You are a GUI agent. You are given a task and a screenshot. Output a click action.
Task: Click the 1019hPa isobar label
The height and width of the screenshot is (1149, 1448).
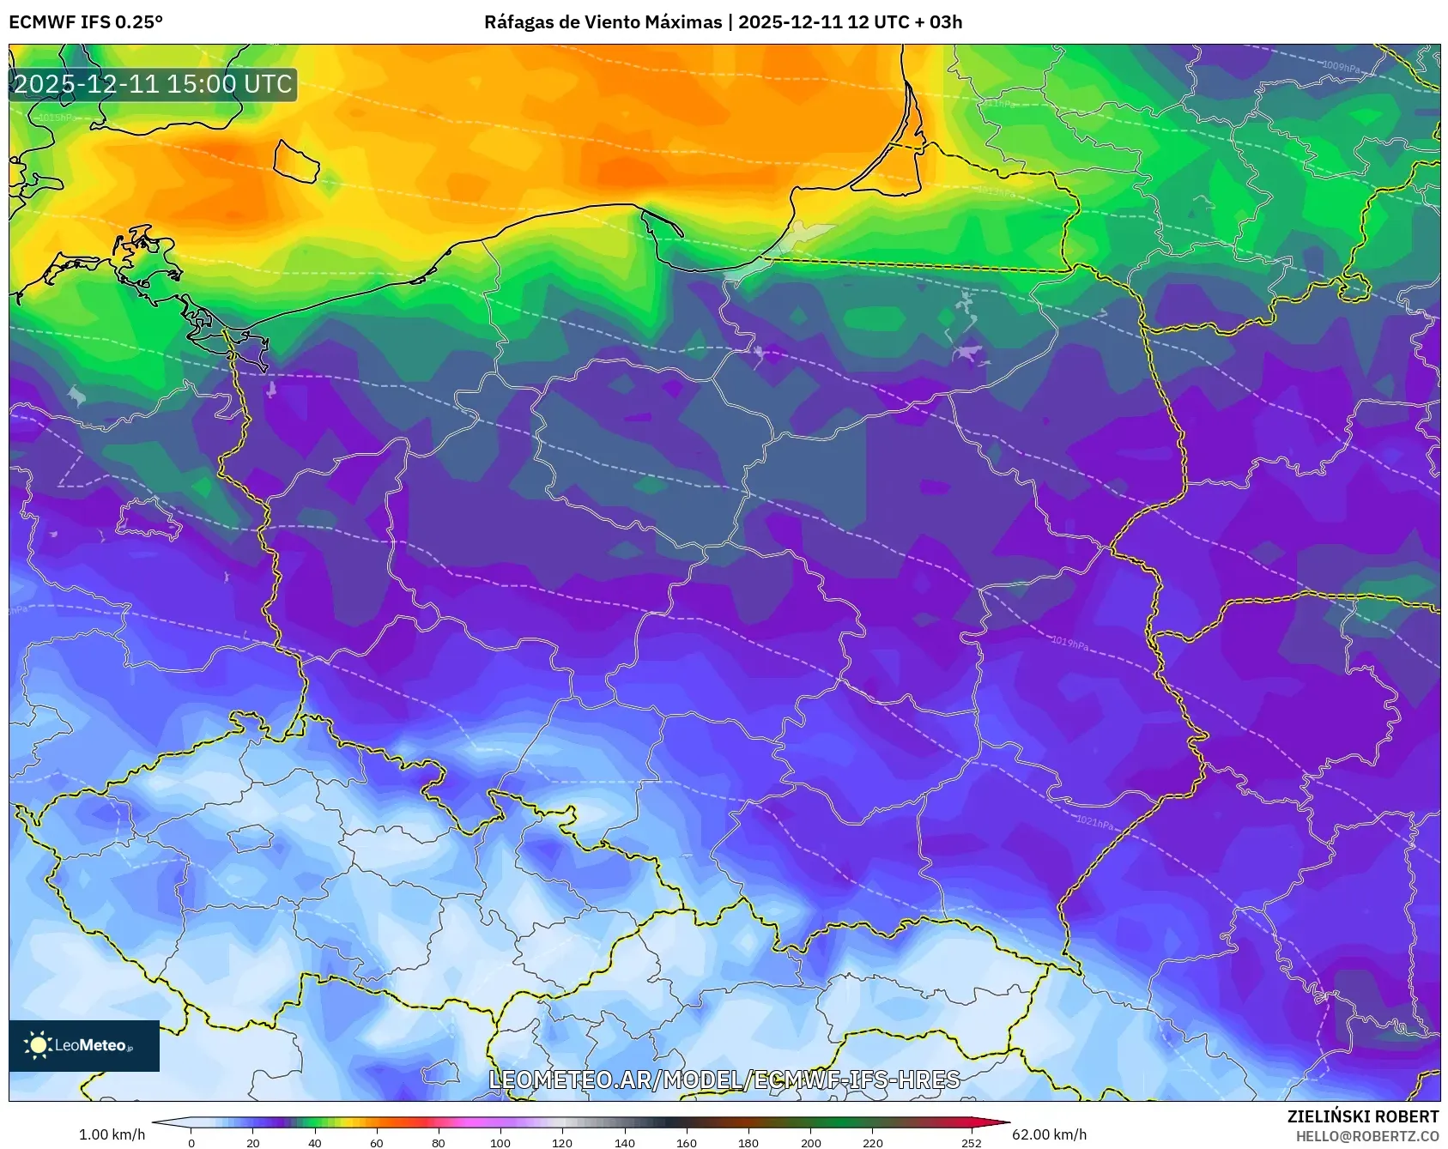tap(1069, 643)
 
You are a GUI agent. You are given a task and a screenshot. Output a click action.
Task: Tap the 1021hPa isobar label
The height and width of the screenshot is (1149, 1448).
tap(1094, 823)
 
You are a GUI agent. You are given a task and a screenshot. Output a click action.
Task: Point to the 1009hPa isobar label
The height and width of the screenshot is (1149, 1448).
tap(1340, 67)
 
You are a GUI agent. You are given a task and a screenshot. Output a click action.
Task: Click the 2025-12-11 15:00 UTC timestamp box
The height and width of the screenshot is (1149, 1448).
tap(153, 84)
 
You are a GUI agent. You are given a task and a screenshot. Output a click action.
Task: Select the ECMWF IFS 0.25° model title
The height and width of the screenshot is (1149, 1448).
tap(86, 22)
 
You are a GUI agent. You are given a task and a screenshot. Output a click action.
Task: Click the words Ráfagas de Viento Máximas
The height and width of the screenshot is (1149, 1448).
tap(603, 22)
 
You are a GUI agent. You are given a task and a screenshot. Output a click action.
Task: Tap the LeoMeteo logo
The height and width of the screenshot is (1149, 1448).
tap(83, 1045)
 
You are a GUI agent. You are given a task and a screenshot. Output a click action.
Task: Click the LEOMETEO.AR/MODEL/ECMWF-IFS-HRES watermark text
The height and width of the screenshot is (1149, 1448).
tap(724, 1079)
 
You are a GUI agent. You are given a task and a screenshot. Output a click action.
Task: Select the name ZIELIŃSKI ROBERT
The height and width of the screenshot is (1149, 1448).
tap(1362, 1116)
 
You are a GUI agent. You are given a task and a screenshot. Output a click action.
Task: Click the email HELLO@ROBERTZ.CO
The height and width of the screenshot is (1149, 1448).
tap(1366, 1136)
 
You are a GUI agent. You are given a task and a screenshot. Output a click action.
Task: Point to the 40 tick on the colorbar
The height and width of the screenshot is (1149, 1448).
tap(315, 1142)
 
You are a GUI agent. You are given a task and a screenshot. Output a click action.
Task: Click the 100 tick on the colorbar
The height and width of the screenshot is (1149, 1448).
tap(500, 1142)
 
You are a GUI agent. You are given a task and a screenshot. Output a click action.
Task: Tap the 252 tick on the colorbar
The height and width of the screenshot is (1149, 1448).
tap(971, 1142)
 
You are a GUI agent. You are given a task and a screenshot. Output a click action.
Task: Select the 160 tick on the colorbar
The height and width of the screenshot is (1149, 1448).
tap(687, 1142)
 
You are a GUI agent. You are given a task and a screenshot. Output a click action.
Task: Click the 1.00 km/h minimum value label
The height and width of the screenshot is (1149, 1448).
tap(112, 1134)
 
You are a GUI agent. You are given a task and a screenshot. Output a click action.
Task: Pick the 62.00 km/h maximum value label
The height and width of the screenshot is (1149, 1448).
tap(1049, 1134)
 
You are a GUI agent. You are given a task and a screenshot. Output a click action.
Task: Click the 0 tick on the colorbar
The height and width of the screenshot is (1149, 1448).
tap(191, 1142)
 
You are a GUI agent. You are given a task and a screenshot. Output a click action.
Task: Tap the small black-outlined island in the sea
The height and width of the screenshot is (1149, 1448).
tap(296, 161)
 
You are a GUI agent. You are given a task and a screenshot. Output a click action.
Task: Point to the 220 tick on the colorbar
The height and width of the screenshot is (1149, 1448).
tap(872, 1142)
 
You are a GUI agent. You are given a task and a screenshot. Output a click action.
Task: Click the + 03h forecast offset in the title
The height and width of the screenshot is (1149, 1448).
tap(939, 22)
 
